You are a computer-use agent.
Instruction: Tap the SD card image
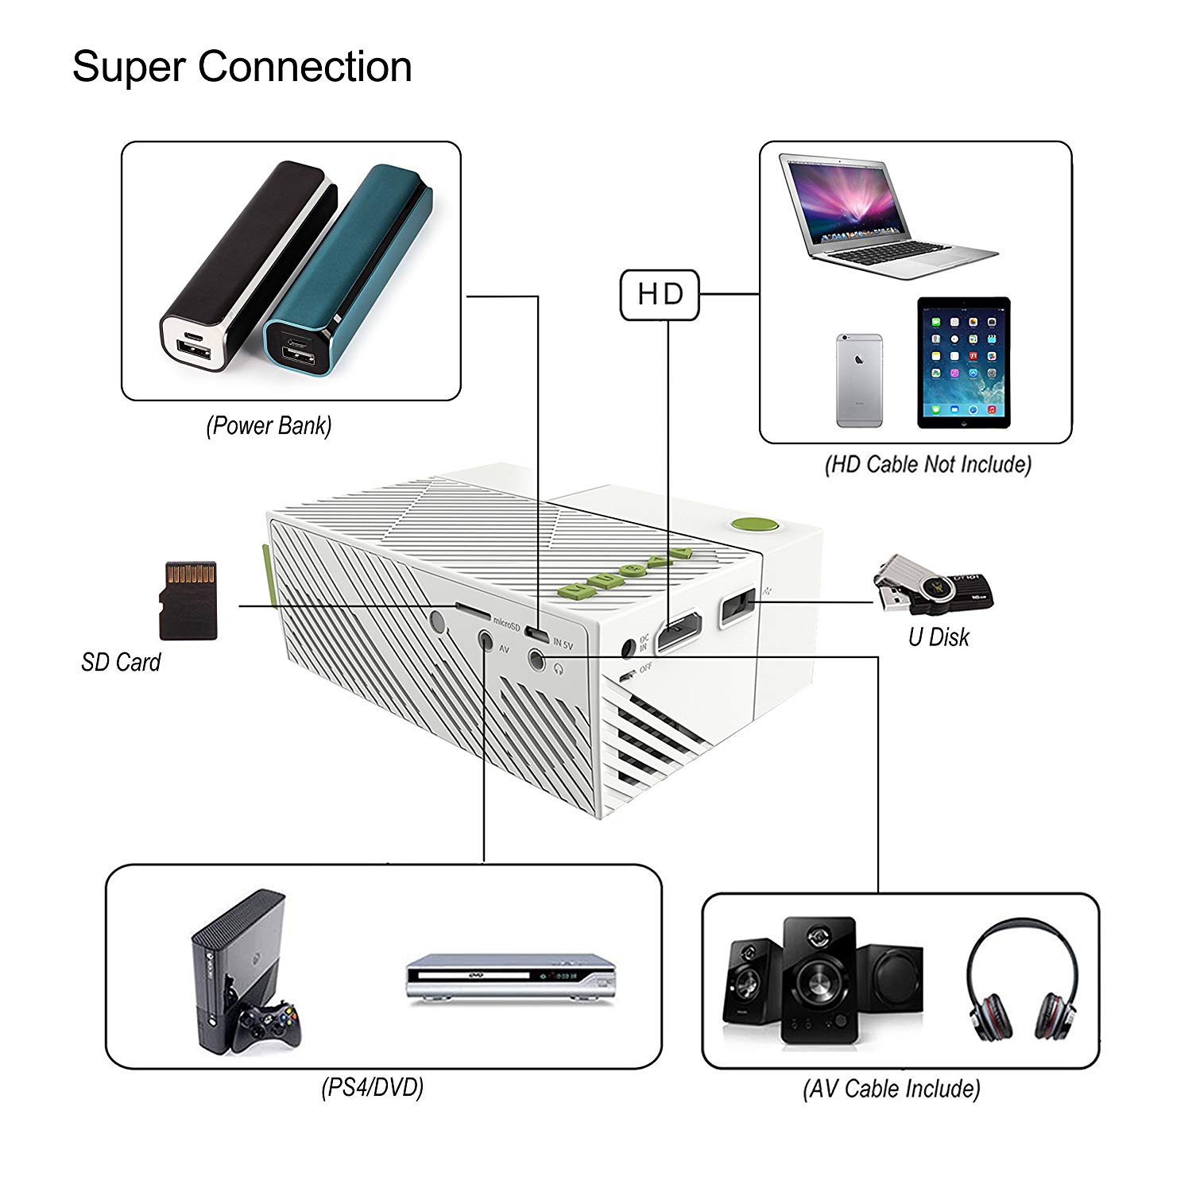point(188,601)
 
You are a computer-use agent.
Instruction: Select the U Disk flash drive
point(935,587)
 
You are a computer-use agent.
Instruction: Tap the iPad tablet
point(963,363)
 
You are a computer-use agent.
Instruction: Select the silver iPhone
point(859,381)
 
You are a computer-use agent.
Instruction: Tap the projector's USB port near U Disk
point(737,608)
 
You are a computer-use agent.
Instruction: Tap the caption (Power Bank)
point(269,426)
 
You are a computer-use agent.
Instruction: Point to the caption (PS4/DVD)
point(372,1086)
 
